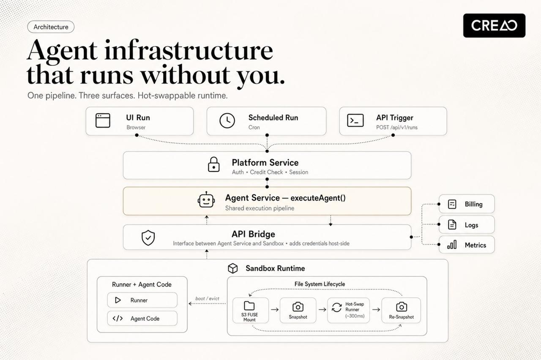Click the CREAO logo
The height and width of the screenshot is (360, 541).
pyautogui.click(x=494, y=25)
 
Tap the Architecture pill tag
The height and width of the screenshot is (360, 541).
pyautogui.click(x=51, y=27)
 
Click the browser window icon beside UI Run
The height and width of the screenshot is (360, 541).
pyautogui.click(x=103, y=120)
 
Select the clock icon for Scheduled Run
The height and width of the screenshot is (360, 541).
pyautogui.click(x=227, y=120)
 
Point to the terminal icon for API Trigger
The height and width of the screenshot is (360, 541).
pyautogui.click(x=355, y=120)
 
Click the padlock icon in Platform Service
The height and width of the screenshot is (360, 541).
pyautogui.click(x=214, y=164)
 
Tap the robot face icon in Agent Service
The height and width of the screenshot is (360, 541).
pyautogui.click(x=206, y=200)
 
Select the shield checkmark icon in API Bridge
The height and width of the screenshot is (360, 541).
pyautogui.click(x=148, y=237)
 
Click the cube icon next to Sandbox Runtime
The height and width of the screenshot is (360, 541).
pyautogui.click(x=233, y=268)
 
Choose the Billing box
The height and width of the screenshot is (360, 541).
pyautogui.click(x=467, y=204)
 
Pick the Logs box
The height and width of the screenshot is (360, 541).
pyautogui.click(x=467, y=224)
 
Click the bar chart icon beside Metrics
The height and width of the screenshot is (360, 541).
pyautogui.click(x=452, y=245)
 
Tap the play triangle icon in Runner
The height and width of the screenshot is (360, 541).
pyautogui.click(x=118, y=300)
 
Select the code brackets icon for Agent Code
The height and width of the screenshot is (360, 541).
pyautogui.click(x=117, y=319)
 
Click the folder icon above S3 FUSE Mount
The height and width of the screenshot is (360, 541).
pyautogui.click(x=249, y=305)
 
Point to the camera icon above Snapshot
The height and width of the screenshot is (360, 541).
pyautogui.click(x=298, y=307)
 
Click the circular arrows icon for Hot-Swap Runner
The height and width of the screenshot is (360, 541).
pyautogui.click(x=337, y=307)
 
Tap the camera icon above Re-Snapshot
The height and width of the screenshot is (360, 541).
pyautogui.click(x=402, y=307)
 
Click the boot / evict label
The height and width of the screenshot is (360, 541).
pyautogui.click(x=207, y=298)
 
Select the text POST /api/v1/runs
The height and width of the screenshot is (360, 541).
pyautogui.click(x=397, y=127)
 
